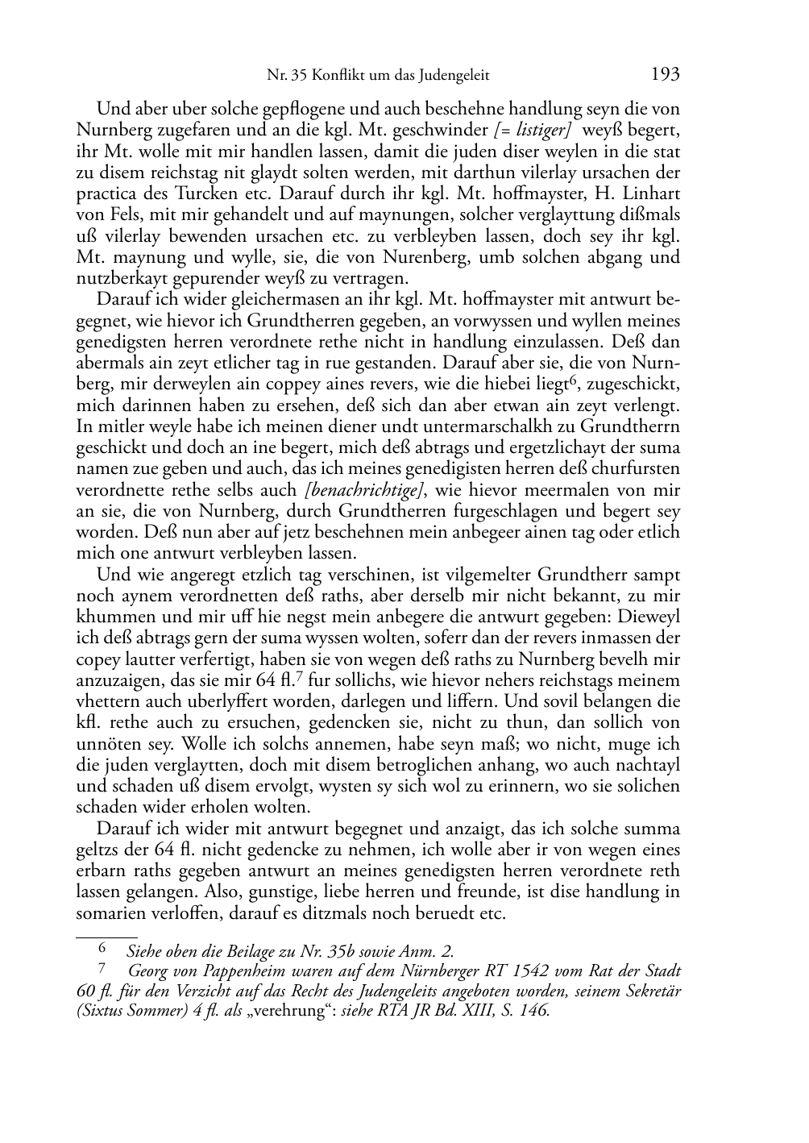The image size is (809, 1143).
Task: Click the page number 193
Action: (x=665, y=75)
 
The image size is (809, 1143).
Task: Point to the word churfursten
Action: (x=636, y=469)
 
